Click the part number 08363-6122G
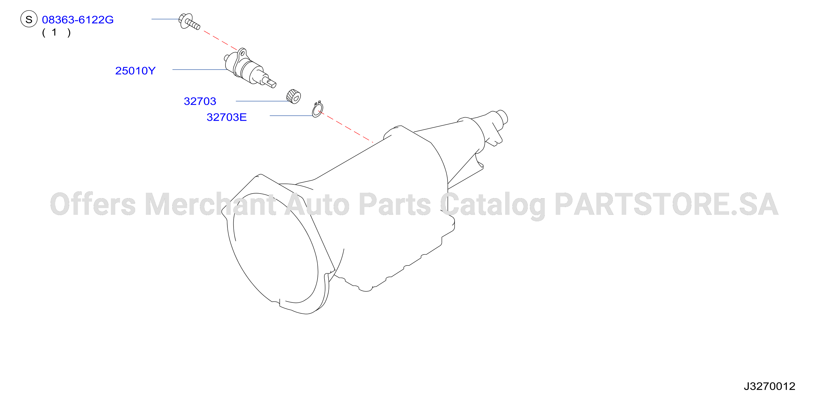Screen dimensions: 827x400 pyautogui.click(x=78, y=20)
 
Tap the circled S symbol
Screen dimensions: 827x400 pyautogui.click(x=29, y=19)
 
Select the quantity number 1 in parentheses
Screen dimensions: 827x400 pyautogui.click(x=54, y=32)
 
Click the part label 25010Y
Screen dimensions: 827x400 pyautogui.click(x=135, y=71)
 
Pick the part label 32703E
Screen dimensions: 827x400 pyautogui.click(x=227, y=117)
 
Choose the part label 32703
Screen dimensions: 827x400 pyautogui.click(x=200, y=101)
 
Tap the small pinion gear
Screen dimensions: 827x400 pyautogui.click(x=293, y=96)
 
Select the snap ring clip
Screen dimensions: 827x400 pyautogui.click(x=318, y=109)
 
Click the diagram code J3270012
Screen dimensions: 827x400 pyautogui.click(x=769, y=386)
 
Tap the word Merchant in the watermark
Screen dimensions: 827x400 pyautogui.click(x=210, y=205)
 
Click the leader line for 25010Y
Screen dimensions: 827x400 pyautogui.click(x=200, y=70)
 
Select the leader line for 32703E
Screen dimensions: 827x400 pyautogui.click(x=291, y=116)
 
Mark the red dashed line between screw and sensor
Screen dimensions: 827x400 pyautogui.click(x=220, y=40)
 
